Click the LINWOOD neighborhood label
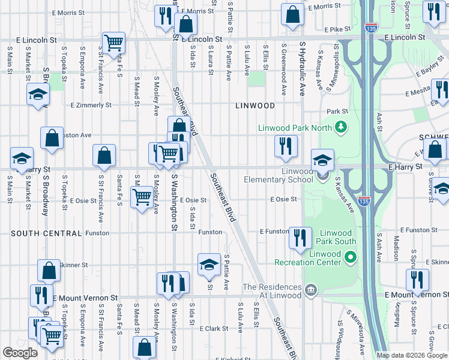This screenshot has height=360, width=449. coord(255,106)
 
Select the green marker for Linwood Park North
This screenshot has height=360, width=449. coord(341,127)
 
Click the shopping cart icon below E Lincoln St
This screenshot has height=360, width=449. coord(113,43)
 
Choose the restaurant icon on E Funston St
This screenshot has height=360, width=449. coord(300,238)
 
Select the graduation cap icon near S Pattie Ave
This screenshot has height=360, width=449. coord(208,265)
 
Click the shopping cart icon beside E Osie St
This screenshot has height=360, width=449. coord(142,196)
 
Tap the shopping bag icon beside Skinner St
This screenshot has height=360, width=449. coord(49,271)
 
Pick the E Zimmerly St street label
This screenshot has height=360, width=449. coord(91,105)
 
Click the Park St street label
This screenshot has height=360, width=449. coord(337,112)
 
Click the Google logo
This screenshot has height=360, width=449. coord(20,353)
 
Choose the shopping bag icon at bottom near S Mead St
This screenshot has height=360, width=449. coord(144,347)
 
